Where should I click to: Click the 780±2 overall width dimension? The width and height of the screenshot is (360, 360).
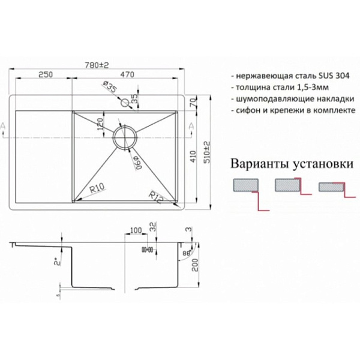[x=97, y=65]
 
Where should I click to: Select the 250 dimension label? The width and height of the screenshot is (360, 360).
[x=46, y=74]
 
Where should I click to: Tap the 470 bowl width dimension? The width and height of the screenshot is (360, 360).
[x=127, y=74]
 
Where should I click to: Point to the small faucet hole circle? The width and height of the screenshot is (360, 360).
[x=125, y=103]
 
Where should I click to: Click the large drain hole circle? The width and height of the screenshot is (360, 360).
[x=125, y=137]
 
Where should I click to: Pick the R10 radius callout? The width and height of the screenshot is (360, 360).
[x=97, y=189]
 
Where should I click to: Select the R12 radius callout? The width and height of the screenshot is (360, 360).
[x=156, y=197]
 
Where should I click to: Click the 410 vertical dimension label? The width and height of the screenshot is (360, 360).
[x=193, y=157]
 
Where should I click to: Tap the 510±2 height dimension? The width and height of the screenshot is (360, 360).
[x=207, y=152]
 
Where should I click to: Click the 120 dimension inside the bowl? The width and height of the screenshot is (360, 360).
[x=100, y=124]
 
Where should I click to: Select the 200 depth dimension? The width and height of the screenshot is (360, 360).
[x=195, y=265]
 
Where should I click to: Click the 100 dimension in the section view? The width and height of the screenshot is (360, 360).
[x=136, y=230]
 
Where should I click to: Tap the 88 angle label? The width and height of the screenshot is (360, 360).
[x=187, y=254]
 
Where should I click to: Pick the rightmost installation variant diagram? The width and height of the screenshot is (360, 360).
[x=337, y=190]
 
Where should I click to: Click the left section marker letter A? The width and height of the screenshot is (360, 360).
[x=3, y=127]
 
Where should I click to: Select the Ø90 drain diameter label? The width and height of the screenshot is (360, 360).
[x=138, y=163]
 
